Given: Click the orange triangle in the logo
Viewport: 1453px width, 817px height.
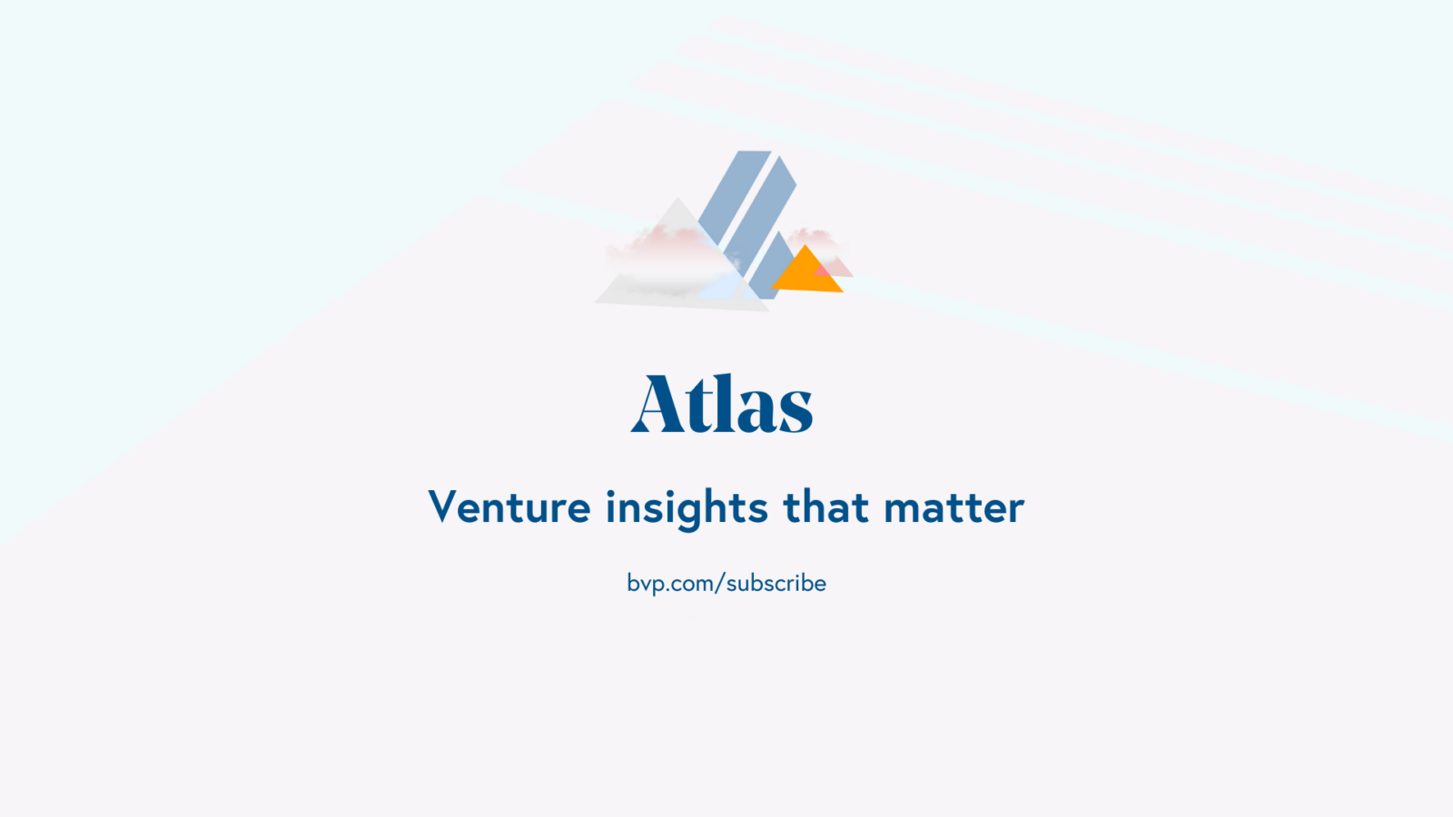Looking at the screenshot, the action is (x=806, y=273).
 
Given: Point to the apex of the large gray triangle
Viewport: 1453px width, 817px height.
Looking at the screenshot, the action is (x=677, y=198).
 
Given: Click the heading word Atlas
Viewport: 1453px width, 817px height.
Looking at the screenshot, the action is (x=722, y=403).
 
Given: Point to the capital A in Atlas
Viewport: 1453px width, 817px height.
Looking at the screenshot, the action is (x=657, y=403).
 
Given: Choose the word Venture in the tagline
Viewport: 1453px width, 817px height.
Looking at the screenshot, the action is (x=509, y=507).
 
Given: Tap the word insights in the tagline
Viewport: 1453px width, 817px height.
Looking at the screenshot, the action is (x=687, y=509).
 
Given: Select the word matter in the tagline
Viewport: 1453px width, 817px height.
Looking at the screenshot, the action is (x=954, y=507).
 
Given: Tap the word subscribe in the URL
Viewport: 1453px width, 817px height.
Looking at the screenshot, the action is (x=776, y=583).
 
